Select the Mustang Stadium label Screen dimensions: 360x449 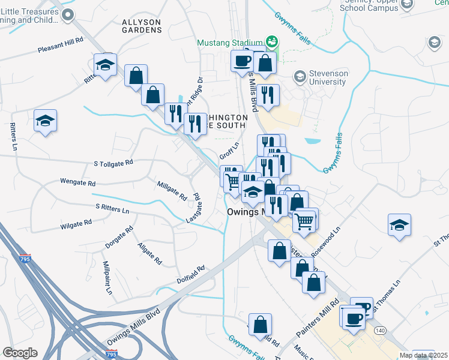232,43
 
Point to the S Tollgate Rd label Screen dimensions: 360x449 114,163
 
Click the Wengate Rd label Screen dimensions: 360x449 78,181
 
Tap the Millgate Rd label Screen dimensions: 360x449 172,191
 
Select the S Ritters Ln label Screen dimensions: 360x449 112,209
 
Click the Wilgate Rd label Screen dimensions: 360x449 76,224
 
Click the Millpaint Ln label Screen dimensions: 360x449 107,277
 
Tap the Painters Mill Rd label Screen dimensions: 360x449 318,317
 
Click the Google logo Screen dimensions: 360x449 20,353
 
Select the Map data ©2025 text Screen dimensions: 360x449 423,355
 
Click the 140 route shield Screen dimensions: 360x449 379,331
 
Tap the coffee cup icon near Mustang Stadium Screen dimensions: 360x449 243,61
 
